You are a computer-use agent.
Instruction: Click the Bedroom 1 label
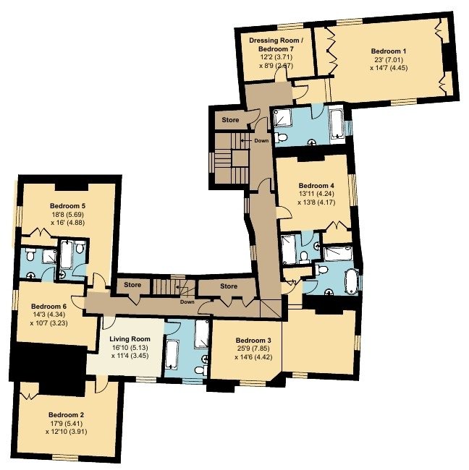[x=389, y=51]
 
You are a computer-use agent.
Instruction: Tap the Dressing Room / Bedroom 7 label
[x=274, y=44]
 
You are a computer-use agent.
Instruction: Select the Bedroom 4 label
[x=316, y=186]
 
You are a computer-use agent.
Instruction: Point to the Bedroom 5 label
[x=67, y=206]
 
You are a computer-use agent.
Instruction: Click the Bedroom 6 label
[x=48, y=307]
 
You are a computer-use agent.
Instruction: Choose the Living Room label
[x=130, y=339]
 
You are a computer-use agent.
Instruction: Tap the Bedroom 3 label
[x=253, y=341]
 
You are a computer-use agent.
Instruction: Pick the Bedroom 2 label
[x=66, y=415]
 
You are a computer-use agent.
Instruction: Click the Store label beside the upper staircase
[x=230, y=120]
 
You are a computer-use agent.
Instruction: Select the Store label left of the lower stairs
[x=132, y=285]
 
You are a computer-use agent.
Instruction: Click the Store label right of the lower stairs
[x=229, y=286]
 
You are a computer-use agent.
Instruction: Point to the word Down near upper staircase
[x=261, y=140]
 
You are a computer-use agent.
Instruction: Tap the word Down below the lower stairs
[x=187, y=302]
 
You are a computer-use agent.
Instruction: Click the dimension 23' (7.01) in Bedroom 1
[x=389, y=59]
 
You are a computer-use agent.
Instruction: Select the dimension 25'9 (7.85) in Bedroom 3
[x=253, y=349]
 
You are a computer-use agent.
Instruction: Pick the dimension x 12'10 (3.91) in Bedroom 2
[x=67, y=432]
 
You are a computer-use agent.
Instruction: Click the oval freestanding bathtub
[x=351, y=281]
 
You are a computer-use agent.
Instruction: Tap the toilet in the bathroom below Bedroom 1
[x=281, y=137]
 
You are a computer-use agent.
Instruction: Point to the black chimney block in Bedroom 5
[x=72, y=187]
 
